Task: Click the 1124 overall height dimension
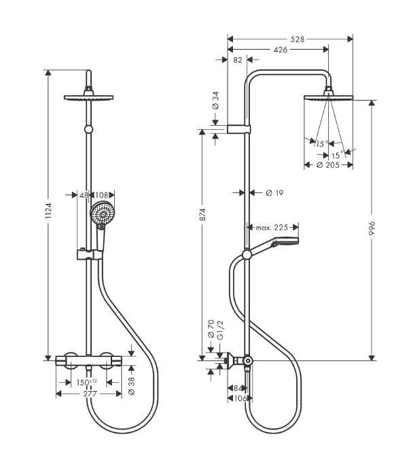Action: tap(48, 210)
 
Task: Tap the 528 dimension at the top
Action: tap(298, 39)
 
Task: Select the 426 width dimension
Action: tap(281, 50)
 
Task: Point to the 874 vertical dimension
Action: tap(202, 214)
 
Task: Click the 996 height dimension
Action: tap(372, 228)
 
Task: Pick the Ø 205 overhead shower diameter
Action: tap(328, 165)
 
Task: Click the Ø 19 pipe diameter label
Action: tap(274, 193)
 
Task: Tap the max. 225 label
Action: tap(272, 227)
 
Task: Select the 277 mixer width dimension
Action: tap(90, 394)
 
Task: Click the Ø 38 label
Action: tap(132, 386)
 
